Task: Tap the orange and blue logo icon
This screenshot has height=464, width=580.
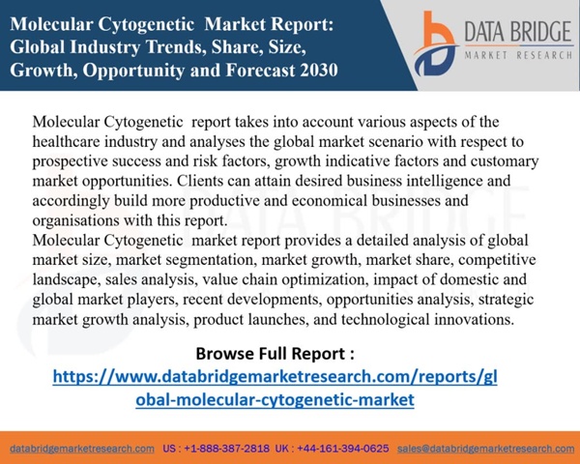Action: (435, 43)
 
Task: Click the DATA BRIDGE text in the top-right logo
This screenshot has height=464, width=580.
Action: (518, 32)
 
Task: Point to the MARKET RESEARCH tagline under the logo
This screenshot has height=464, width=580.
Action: (518, 55)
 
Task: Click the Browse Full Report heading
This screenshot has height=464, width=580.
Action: (275, 353)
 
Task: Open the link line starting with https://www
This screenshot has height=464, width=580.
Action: (275, 377)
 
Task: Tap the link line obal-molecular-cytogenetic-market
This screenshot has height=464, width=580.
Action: (275, 399)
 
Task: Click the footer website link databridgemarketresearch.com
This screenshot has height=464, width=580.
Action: (82, 449)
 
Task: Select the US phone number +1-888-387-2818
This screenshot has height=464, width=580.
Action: (227, 449)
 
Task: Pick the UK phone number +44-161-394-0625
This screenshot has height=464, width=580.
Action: (343, 449)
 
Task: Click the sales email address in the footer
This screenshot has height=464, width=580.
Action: (485, 449)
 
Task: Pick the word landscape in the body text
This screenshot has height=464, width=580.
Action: (67, 279)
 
